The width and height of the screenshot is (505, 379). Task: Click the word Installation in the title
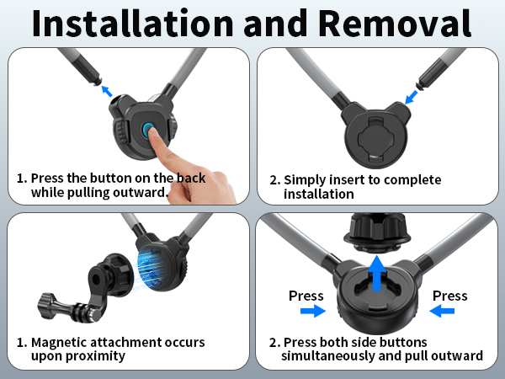coord(133,24)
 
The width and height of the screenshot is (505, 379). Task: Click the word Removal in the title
coord(396,24)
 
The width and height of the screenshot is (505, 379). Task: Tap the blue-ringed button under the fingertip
coord(148,130)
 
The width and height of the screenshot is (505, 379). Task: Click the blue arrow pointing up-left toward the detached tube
coord(107,91)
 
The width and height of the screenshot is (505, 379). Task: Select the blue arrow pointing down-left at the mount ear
coord(412,97)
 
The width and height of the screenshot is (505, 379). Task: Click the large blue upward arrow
coord(377,273)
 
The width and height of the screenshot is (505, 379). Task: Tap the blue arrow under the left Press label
coord(313,311)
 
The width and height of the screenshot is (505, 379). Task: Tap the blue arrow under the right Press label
coord(442,311)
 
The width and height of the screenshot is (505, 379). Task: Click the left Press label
coord(306,296)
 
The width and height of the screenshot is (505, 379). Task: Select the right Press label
coord(450,296)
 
